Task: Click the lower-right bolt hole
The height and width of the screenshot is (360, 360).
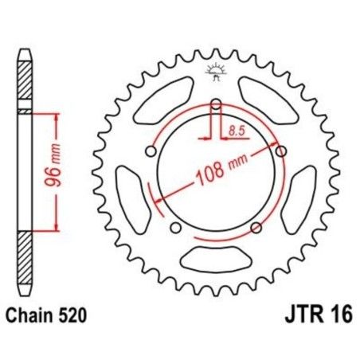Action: [x=256, y=229]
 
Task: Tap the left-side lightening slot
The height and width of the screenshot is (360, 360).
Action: [x=129, y=196]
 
